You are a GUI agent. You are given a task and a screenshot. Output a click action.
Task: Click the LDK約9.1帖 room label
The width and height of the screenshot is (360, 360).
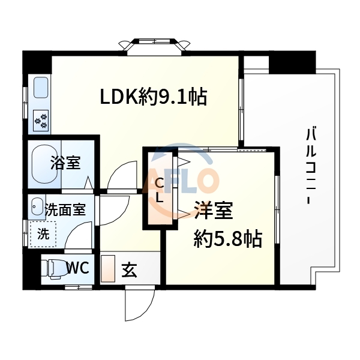(x=153, y=96)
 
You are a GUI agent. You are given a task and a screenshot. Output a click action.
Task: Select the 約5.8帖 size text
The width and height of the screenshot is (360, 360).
(x=227, y=239)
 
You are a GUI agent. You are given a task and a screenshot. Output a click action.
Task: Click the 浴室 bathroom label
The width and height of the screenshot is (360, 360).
(x=65, y=163)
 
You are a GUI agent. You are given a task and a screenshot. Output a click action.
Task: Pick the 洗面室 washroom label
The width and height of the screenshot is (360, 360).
(x=65, y=210)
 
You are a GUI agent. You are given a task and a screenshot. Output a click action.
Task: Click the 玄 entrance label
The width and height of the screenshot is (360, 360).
(x=129, y=270)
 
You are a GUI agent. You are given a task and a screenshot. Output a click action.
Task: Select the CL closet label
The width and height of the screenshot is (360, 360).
(x=159, y=190)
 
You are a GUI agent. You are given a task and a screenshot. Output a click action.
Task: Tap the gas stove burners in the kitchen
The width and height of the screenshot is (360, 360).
(x=43, y=121)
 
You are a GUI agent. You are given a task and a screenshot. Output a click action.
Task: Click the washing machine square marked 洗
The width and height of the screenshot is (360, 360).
(x=43, y=233)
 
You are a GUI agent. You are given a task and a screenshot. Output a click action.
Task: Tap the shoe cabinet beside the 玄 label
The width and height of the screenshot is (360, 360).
(x=108, y=269)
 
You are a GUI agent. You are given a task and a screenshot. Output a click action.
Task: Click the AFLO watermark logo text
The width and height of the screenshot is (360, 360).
(x=183, y=180)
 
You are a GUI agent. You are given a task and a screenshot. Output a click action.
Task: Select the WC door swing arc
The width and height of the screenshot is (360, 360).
(x=78, y=240)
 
